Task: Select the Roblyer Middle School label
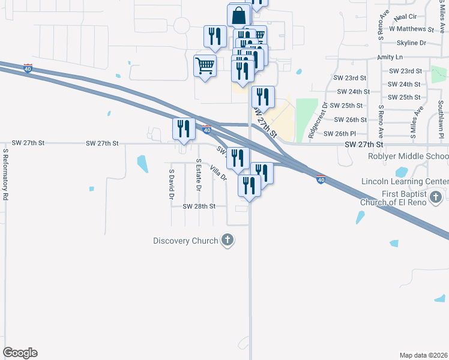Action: click(x=408, y=157)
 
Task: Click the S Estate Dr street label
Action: click(x=198, y=175)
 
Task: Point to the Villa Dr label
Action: click(x=218, y=173)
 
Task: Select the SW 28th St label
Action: click(x=199, y=206)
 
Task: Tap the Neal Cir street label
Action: click(x=405, y=17)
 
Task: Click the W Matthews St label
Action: click(x=411, y=29)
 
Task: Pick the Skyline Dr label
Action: click(x=411, y=43)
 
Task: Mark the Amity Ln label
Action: click(x=390, y=57)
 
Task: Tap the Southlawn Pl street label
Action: click(x=440, y=120)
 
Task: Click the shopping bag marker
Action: click(x=239, y=16)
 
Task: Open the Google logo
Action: click(x=20, y=353)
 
